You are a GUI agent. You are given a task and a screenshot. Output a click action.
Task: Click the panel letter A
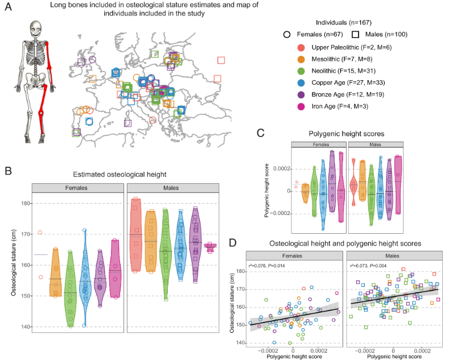(9, 11)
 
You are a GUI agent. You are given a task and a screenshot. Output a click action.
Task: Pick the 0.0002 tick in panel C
(281, 169)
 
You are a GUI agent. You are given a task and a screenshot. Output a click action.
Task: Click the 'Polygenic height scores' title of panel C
(347, 134)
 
